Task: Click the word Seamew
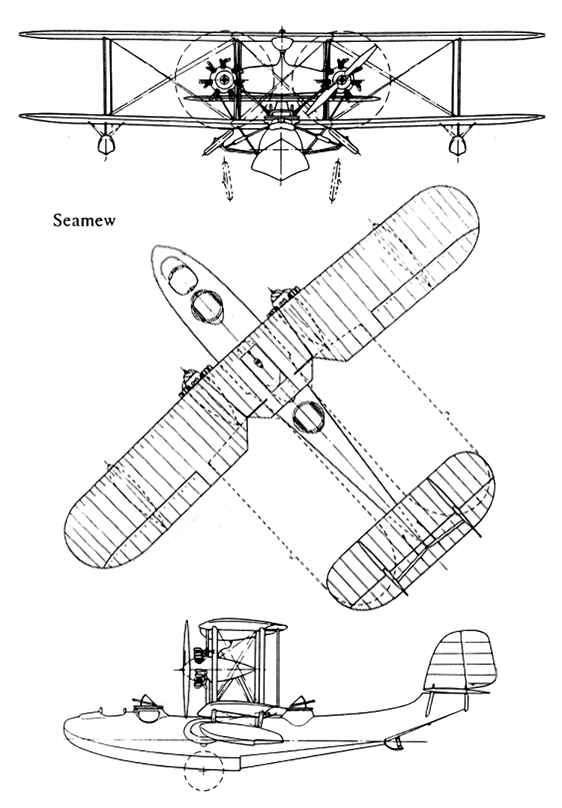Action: tap(84, 220)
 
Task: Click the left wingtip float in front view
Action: tap(105, 144)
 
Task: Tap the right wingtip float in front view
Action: tap(457, 145)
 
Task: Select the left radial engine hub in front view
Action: tap(224, 79)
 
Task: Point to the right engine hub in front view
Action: tap(340, 79)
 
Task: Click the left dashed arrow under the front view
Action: tap(227, 181)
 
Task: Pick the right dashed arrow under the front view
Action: tap(335, 181)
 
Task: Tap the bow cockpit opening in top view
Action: tap(182, 279)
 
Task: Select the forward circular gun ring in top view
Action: tap(207, 307)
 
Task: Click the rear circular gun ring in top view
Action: tap(309, 417)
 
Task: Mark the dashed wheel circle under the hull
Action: tap(205, 771)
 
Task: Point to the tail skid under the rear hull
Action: tap(395, 743)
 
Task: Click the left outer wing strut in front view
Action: tap(107, 76)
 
